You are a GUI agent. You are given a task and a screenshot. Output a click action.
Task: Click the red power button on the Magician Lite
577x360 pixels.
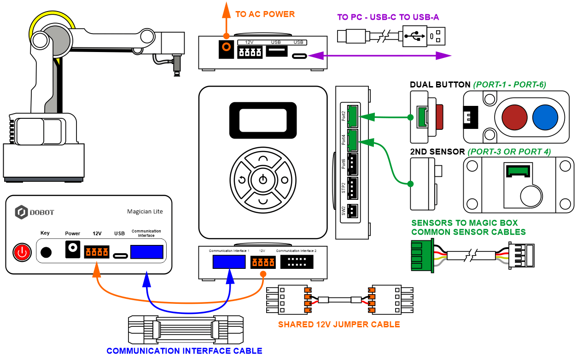pos(22,252)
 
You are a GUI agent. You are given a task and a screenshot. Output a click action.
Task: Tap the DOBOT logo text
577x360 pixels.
pos(41,212)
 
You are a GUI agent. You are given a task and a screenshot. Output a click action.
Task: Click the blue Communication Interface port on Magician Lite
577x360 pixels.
pos(147,252)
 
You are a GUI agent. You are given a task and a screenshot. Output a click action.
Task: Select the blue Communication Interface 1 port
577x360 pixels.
pos(229,261)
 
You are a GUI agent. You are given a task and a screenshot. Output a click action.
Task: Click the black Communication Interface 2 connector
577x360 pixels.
pos(297,262)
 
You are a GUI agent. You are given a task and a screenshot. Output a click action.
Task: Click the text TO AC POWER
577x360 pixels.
pos(265,14)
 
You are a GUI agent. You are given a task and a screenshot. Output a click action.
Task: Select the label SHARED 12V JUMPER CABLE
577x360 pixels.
pos(339,325)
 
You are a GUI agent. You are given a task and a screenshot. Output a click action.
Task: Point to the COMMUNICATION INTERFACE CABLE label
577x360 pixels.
pos(184,351)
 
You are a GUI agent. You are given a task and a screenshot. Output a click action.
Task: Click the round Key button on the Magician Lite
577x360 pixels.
pos(46,252)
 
